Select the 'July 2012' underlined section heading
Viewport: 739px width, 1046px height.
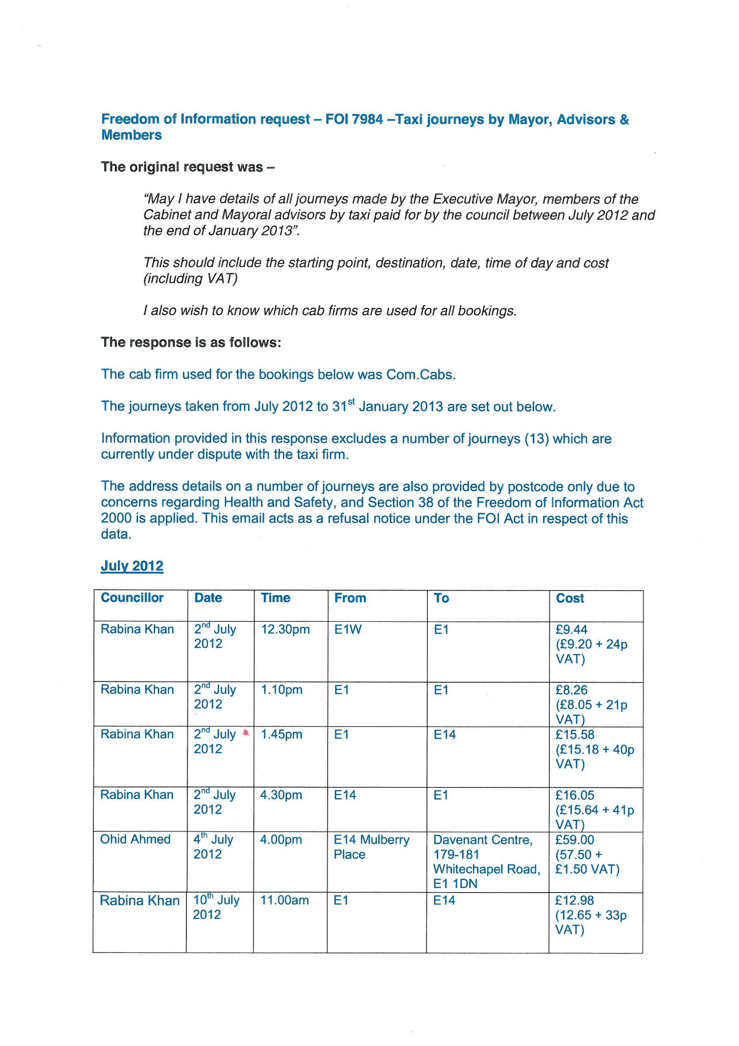pyautogui.click(x=132, y=566)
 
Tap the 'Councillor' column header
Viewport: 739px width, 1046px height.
pyautogui.click(x=132, y=598)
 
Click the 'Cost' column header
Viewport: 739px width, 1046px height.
pyautogui.click(x=570, y=598)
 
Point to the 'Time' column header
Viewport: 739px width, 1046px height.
pyautogui.click(x=275, y=598)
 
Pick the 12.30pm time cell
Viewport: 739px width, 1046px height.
pyautogui.click(x=285, y=629)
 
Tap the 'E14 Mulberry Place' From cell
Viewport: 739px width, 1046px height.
pyautogui.click(x=372, y=847)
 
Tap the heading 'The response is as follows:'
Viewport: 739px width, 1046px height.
pyautogui.click(x=191, y=343)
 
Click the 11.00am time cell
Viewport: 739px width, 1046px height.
pyautogui.click(x=284, y=900)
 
